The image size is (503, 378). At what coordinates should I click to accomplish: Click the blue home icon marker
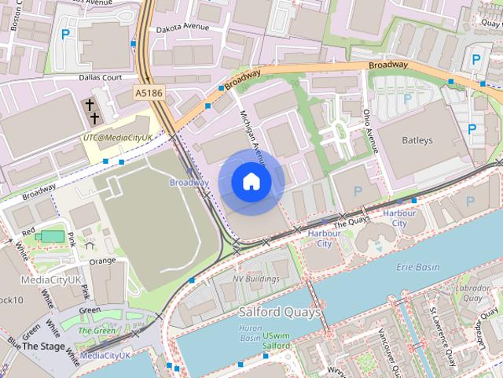(x=251, y=182)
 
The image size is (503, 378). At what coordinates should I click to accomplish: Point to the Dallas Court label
(x=101, y=78)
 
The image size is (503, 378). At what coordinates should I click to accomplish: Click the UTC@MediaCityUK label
(x=118, y=137)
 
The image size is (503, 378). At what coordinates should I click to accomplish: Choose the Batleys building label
(x=417, y=140)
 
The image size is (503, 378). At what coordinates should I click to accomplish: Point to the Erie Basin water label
(x=418, y=266)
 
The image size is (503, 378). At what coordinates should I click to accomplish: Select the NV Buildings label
(x=255, y=279)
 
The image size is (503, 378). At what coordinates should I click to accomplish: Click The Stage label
(x=42, y=346)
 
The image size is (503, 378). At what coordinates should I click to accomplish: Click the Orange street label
(x=102, y=261)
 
